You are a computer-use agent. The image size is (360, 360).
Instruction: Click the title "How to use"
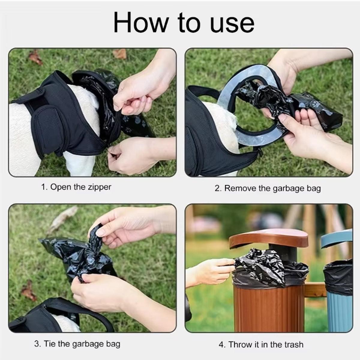184,23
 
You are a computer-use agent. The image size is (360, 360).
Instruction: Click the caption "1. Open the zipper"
76,187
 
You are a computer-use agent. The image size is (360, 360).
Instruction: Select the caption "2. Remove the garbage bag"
268,188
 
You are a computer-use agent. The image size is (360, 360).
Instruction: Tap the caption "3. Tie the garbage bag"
77,343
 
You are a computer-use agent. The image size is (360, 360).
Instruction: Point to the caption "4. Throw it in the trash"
261,344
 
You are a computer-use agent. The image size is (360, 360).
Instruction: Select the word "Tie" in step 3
49,343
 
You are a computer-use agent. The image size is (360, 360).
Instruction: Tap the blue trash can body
337,312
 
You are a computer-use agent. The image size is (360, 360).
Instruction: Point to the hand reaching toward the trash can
210,270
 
